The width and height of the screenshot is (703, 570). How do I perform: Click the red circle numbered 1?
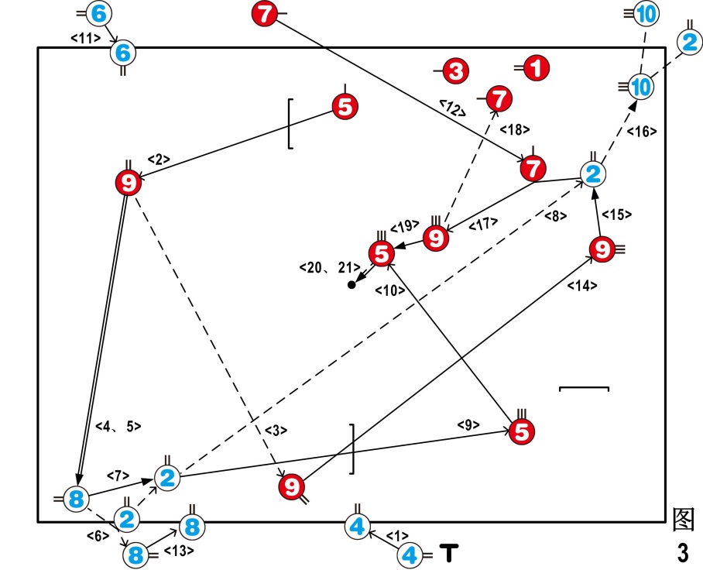536,69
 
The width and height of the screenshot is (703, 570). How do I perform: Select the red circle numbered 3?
455,72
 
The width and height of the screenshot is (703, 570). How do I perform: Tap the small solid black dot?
351,285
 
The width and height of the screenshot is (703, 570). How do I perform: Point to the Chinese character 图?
684,520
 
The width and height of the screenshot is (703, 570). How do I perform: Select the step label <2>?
158,160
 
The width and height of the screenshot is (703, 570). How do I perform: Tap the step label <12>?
451,108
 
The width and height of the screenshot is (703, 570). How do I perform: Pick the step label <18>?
514,129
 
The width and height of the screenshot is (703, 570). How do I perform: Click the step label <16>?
641,131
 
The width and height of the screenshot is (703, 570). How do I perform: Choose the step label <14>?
582,286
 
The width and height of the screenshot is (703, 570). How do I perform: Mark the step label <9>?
468,424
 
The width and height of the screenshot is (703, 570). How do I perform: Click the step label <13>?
179,551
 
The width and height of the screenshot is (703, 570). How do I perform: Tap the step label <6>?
97,534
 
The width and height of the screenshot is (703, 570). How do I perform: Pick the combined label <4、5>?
118,425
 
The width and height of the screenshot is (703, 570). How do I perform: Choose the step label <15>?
618,214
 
